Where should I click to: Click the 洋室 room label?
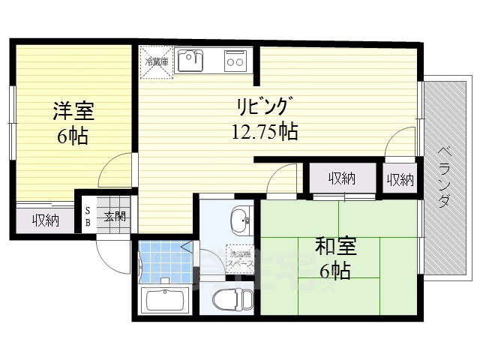tap(73, 112)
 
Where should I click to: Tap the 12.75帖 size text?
tap(264, 133)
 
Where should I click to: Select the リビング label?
tap(263, 106)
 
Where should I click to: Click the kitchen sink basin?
tap(190, 61)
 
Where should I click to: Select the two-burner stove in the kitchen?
tap(235, 59)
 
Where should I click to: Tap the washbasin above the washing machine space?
tap(240, 220)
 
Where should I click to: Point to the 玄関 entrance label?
tap(115, 217)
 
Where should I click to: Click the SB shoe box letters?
tap(87, 217)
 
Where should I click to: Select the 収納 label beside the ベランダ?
tap(400, 179)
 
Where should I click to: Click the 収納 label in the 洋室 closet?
tap(45, 220)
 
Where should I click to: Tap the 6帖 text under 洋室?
tap(73, 136)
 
